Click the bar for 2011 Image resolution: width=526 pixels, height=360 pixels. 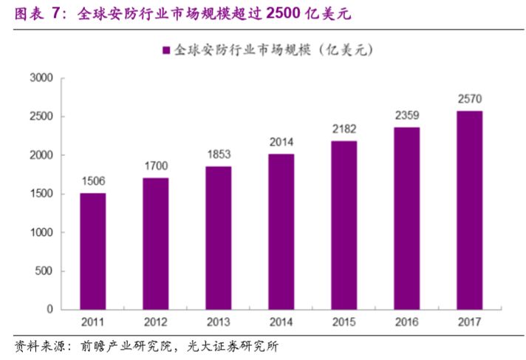(92, 251)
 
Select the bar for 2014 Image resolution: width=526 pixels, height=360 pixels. (281, 231)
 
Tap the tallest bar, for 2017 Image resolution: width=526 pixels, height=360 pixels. (469, 210)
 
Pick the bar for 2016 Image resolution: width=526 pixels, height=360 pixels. (406, 218)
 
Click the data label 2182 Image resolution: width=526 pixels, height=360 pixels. (344, 129)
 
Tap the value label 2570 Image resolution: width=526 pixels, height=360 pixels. (469, 99)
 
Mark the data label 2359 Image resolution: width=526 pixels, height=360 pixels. (406, 115)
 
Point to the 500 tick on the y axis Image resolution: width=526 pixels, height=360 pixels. (44, 271)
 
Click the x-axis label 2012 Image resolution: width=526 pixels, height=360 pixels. (155, 322)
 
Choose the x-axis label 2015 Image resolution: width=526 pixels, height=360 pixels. (344, 322)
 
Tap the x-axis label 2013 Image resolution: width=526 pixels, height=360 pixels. (218, 322)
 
